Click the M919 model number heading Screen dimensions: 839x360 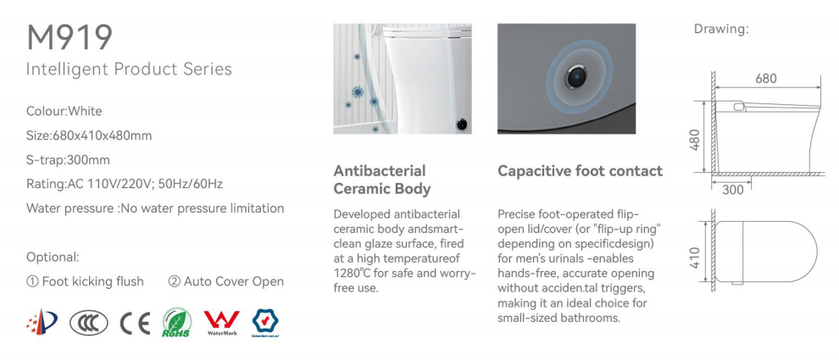pos(69,37)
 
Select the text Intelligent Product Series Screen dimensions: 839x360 pos(129,69)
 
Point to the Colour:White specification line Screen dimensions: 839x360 pos(64,111)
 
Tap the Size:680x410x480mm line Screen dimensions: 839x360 pos(89,136)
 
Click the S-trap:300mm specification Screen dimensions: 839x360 pos(69,160)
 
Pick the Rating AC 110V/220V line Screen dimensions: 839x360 pos(125,184)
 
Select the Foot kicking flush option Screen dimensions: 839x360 pos(85,281)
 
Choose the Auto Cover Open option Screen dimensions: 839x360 pos(225,281)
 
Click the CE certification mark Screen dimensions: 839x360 pos(135,323)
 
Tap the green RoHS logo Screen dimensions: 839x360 pos(176,323)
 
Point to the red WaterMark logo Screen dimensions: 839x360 pos(221,323)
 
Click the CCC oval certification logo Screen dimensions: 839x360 pos(89,323)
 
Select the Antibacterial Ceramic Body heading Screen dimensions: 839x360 pos(382,180)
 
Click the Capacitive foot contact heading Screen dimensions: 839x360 pos(580,171)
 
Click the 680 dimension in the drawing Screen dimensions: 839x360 pos(766,79)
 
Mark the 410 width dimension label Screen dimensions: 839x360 pos(695,258)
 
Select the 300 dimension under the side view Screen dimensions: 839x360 pos(733,190)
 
